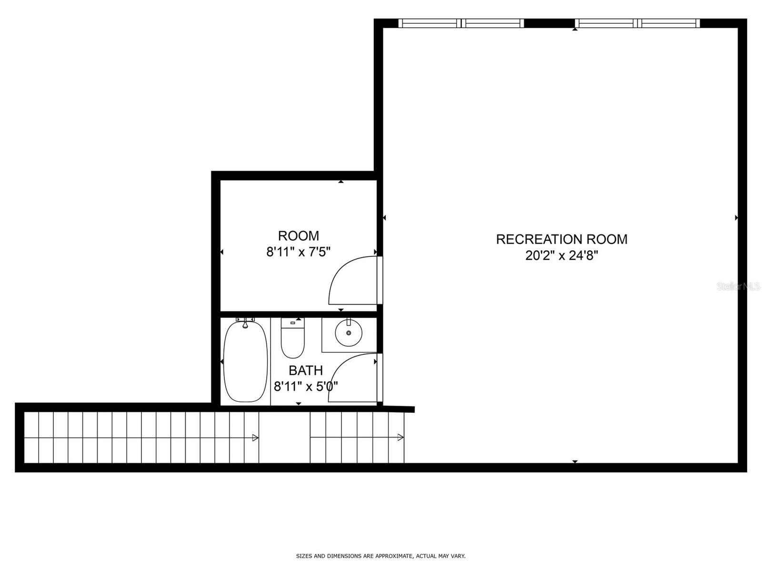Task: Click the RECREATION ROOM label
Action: (x=561, y=239)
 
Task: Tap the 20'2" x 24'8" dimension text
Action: (x=561, y=256)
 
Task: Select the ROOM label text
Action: (x=299, y=235)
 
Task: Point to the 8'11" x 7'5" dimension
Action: (x=299, y=252)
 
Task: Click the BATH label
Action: (x=306, y=370)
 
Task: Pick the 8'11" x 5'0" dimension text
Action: (x=306, y=386)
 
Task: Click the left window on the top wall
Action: (x=461, y=23)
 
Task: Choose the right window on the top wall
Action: (x=637, y=23)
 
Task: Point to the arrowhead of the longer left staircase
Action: (x=255, y=438)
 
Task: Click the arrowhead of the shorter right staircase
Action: (x=401, y=438)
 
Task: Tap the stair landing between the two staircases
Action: (x=284, y=438)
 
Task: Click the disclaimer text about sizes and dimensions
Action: (x=381, y=556)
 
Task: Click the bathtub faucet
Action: (x=245, y=324)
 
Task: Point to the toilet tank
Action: (x=292, y=323)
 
